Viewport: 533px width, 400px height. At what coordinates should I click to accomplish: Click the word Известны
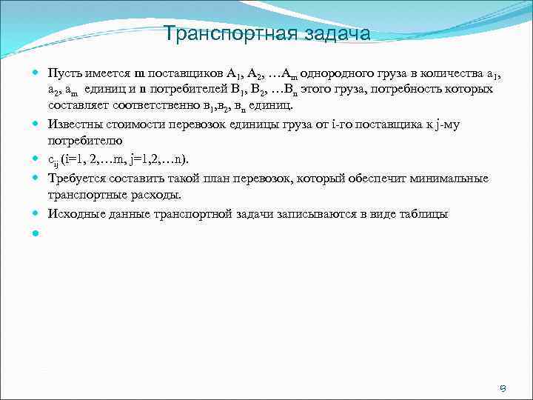click(74, 124)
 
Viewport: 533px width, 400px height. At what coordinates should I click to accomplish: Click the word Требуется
click(76, 178)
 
